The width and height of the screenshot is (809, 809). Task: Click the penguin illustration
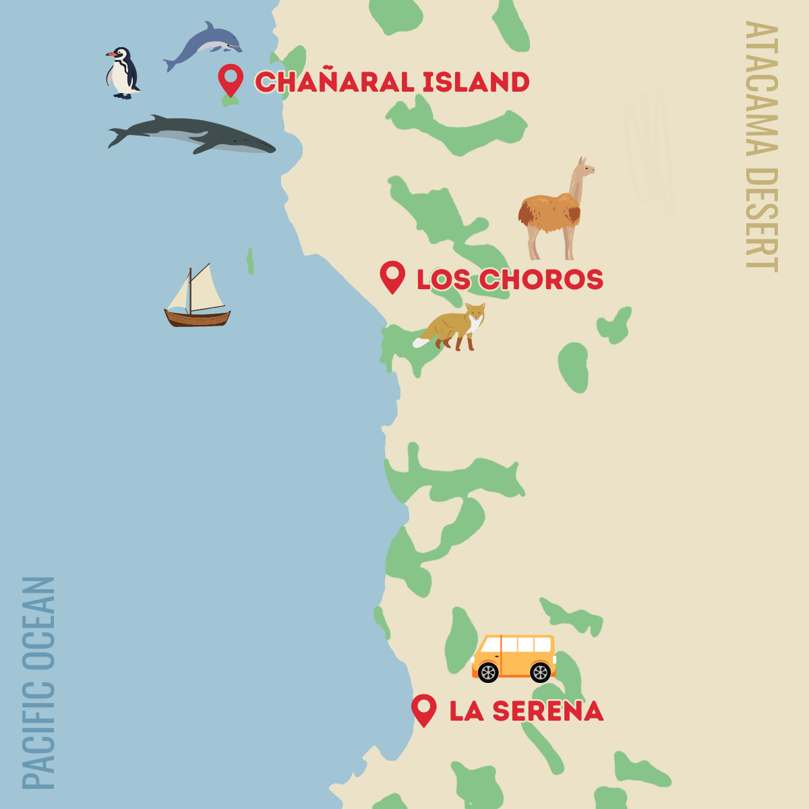click(123, 73)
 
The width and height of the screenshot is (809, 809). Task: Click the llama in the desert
click(553, 212)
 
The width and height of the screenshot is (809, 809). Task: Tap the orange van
click(514, 657)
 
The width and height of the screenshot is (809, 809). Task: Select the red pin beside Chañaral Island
click(231, 80)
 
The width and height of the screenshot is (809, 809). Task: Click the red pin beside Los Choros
click(392, 276)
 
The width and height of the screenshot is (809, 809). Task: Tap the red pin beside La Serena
click(423, 709)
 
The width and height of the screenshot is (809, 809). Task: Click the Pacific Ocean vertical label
click(38, 681)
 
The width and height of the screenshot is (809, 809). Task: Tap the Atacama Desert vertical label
click(762, 145)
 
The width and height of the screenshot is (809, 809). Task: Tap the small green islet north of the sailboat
click(250, 261)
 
